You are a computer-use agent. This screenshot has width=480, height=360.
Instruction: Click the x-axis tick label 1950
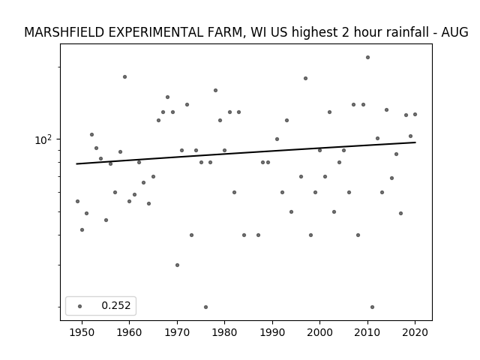(82, 332)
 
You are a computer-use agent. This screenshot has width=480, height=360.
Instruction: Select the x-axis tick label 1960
(129, 332)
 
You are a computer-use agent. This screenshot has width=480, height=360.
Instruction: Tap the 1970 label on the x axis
(177, 332)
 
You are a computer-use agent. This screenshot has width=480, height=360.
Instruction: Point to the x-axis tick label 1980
(224, 332)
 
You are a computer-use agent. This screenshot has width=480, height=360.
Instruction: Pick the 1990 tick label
(272, 332)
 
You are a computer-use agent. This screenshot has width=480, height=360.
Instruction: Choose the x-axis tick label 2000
(319, 332)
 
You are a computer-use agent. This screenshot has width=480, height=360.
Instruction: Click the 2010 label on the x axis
(367, 332)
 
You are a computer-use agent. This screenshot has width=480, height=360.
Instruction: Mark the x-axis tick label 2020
(415, 332)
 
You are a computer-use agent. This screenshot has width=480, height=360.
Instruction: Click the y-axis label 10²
(43, 139)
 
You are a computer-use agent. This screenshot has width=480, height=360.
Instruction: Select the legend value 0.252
(116, 305)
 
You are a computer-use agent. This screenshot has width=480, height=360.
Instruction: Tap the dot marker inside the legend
(80, 306)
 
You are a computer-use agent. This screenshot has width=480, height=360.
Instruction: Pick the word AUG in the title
(454, 32)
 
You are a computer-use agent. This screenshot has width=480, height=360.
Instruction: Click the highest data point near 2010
(367, 57)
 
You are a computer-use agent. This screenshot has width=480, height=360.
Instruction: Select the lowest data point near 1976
(205, 307)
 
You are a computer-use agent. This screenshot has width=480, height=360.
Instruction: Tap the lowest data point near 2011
(372, 307)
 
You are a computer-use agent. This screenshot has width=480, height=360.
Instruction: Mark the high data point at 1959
(124, 76)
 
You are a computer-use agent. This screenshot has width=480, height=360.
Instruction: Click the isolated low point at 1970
(177, 265)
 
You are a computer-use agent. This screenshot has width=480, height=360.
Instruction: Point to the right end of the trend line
(415, 142)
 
